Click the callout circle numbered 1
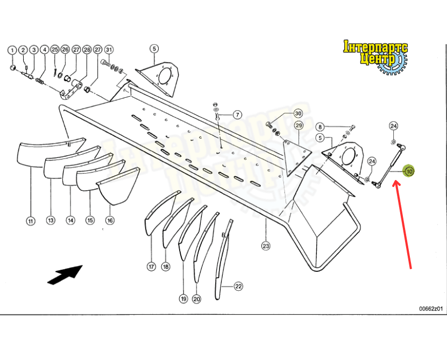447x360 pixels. click(x=11, y=50)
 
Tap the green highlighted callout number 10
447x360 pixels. click(x=409, y=172)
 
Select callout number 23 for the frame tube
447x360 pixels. click(x=266, y=246)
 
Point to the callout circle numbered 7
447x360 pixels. click(x=237, y=114)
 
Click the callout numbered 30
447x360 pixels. click(x=298, y=114)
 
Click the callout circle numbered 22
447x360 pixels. click(x=238, y=286)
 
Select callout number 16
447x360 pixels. click(x=110, y=220)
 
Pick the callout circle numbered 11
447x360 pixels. click(x=31, y=220)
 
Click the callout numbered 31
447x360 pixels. click(x=109, y=50)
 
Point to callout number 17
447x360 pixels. click(x=151, y=267)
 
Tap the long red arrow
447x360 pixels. click(x=403, y=223)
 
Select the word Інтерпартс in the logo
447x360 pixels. click(x=375, y=47)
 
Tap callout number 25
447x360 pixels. click(x=54, y=50)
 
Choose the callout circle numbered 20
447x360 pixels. click(x=196, y=299)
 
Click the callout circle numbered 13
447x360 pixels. click(x=51, y=220)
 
